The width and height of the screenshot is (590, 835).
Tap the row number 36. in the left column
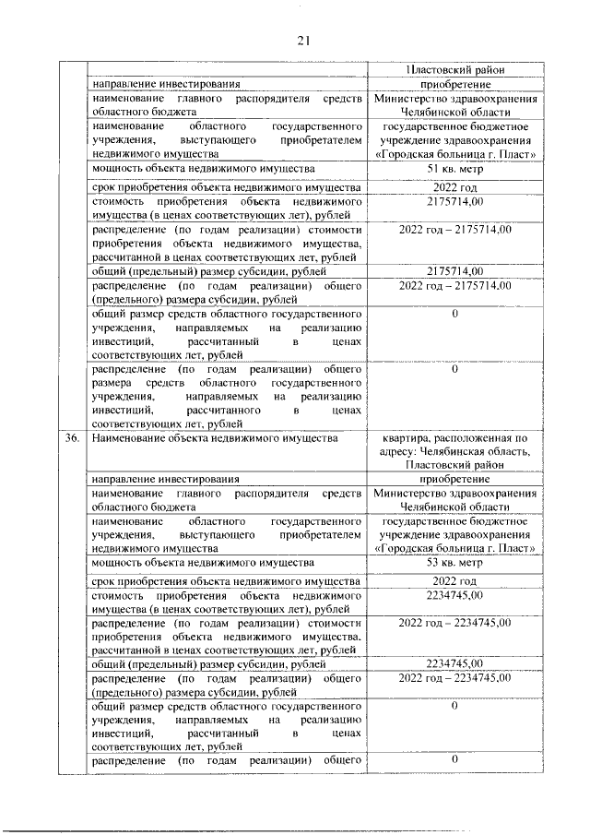click(x=72, y=438)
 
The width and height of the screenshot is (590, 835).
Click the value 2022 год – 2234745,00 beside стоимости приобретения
click(x=454, y=623)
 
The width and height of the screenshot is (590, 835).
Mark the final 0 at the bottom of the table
click(x=454, y=758)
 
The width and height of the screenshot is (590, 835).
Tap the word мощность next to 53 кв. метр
click(x=121, y=562)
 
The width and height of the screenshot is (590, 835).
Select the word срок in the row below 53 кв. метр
click(x=107, y=581)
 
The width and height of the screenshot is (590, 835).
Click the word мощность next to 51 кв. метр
click(x=121, y=169)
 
